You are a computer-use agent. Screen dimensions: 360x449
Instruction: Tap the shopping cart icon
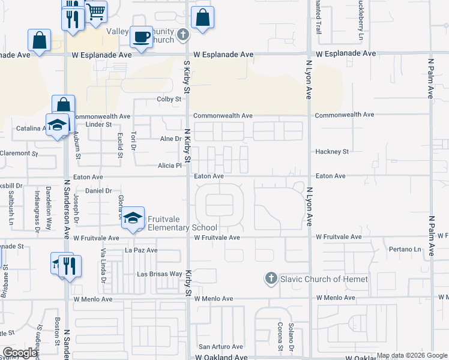point(95,11)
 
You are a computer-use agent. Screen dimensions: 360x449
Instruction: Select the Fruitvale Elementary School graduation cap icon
point(133,218)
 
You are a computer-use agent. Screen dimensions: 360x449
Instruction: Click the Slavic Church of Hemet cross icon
point(271,278)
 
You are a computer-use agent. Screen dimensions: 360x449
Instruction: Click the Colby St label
point(169,99)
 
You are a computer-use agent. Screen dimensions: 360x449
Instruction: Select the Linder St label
point(99,124)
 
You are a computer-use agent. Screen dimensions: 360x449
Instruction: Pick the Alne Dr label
point(170,139)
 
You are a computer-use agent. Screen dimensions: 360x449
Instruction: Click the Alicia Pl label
point(170,166)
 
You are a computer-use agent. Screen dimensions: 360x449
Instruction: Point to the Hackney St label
point(332,152)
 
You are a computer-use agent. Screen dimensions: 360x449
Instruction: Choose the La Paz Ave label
point(141,250)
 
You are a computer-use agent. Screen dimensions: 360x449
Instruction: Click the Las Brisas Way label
point(160,274)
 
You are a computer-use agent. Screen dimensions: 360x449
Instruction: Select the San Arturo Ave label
point(221,347)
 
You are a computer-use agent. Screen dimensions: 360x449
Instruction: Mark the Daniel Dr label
point(99,191)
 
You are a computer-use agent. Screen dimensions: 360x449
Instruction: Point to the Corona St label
point(280,337)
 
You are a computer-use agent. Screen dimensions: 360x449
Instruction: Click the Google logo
point(20,353)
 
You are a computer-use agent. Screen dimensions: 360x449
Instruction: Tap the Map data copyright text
point(412,356)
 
